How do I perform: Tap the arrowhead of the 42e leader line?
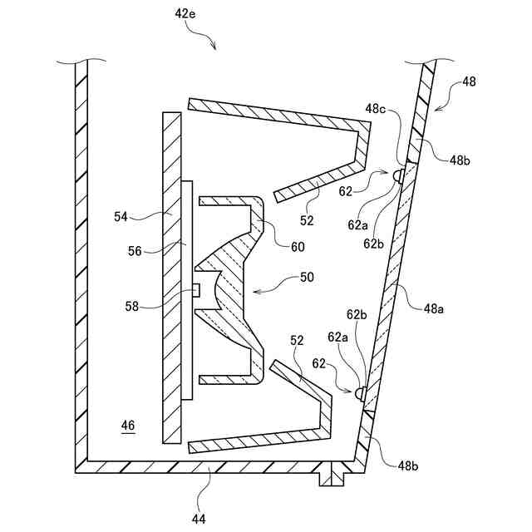click(x=215, y=48)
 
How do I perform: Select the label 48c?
click(x=377, y=108)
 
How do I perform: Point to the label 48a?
click(x=433, y=308)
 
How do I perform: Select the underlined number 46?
click(x=127, y=426)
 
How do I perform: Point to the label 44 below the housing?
click(x=199, y=519)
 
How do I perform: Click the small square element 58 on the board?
click(x=196, y=289)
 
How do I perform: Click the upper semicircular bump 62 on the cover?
click(x=399, y=175)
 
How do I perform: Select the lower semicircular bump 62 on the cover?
click(x=361, y=391)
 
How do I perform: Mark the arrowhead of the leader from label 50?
click(x=253, y=291)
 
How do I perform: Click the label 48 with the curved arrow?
click(x=469, y=81)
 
